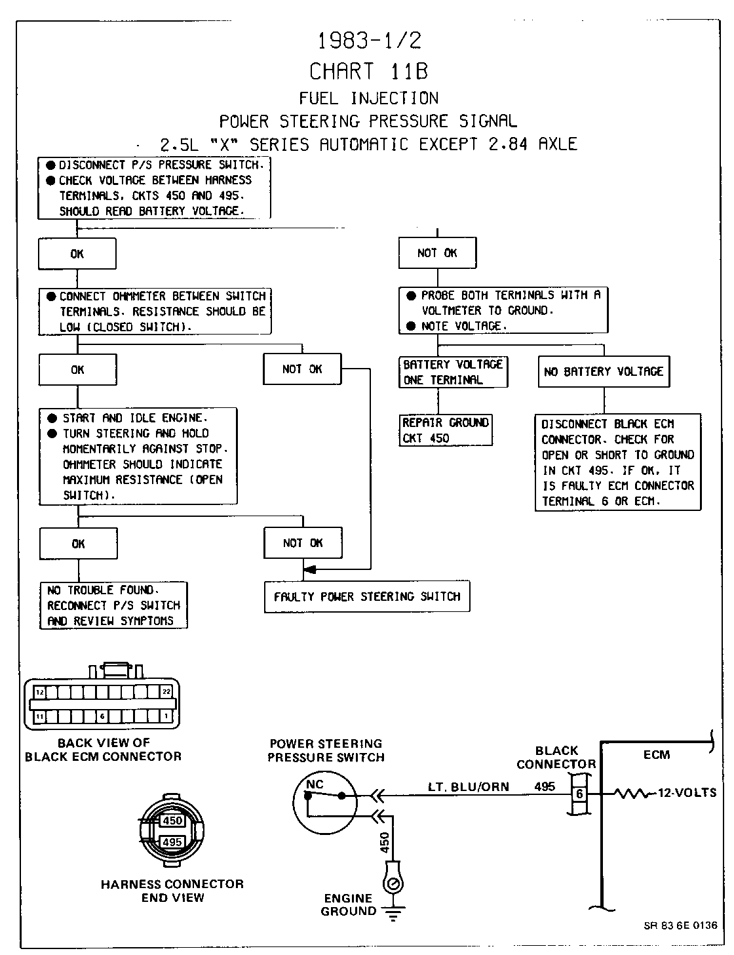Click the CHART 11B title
(x=368, y=71)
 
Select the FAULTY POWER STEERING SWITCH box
(x=367, y=597)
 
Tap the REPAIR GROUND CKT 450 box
(x=446, y=430)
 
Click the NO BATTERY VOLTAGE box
(x=604, y=372)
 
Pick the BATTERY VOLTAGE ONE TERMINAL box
(x=453, y=372)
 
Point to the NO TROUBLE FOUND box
(x=113, y=605)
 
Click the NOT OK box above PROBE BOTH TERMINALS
(x=437, y=253)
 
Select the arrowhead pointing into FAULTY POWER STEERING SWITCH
(x=310, y=569)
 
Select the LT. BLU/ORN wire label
(x=468, y=787)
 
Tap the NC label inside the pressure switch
(x=315, y=784)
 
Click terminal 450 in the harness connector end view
(x=173, y=821)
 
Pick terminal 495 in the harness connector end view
(x=172, y=842)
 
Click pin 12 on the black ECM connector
(x=41, y=692)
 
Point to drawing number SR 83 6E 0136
(x=680, y=925)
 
